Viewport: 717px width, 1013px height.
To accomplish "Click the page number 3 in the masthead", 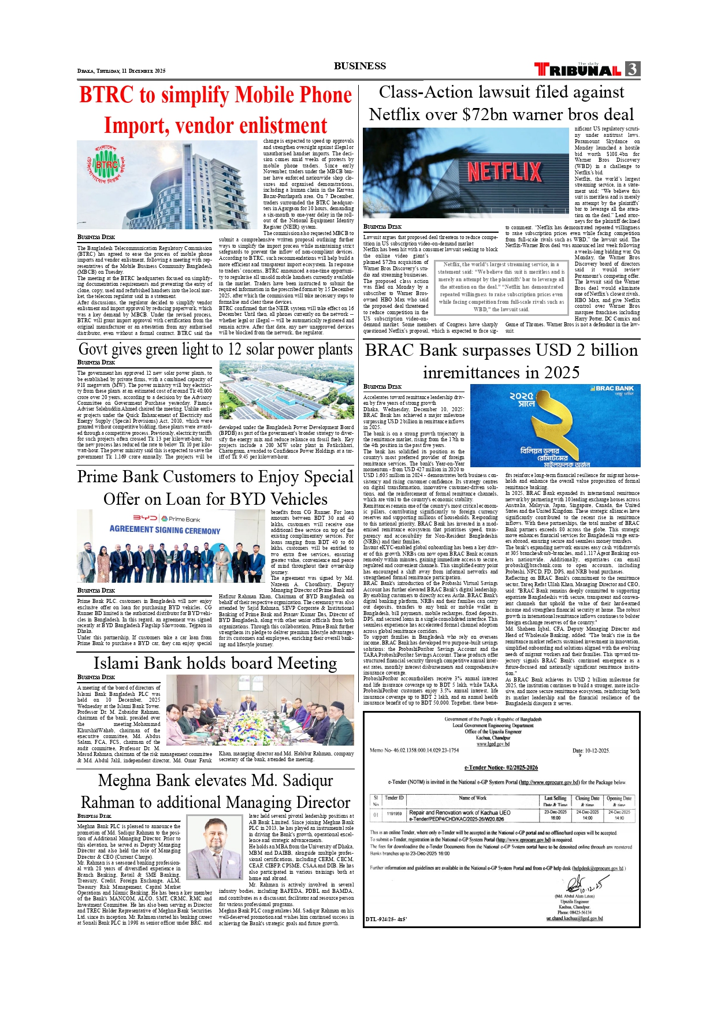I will (x=633, y=69).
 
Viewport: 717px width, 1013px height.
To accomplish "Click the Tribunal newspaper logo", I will (x=578, y=70).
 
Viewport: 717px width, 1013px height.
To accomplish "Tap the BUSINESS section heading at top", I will (x=359, y=66).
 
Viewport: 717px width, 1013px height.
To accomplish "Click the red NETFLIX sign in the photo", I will (x=504, y=172).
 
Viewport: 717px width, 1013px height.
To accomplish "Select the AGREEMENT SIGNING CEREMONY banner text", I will (x=165, y=530).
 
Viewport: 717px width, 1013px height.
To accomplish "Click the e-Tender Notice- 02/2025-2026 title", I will (x=501, y=768).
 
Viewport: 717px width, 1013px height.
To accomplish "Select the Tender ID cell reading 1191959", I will (x=394, y=814).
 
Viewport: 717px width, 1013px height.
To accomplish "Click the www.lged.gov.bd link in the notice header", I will (x=493, y=744).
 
